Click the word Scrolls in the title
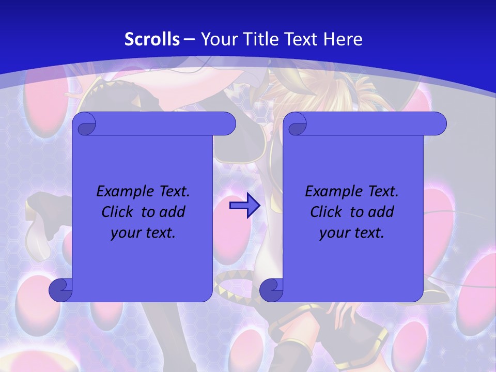152,39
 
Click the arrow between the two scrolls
244,206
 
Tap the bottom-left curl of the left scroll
60,290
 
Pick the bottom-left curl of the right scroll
271,290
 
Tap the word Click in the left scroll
117,212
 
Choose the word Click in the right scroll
326,212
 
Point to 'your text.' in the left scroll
143,233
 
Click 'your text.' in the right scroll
352,233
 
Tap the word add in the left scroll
172,212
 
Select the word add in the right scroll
381,212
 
